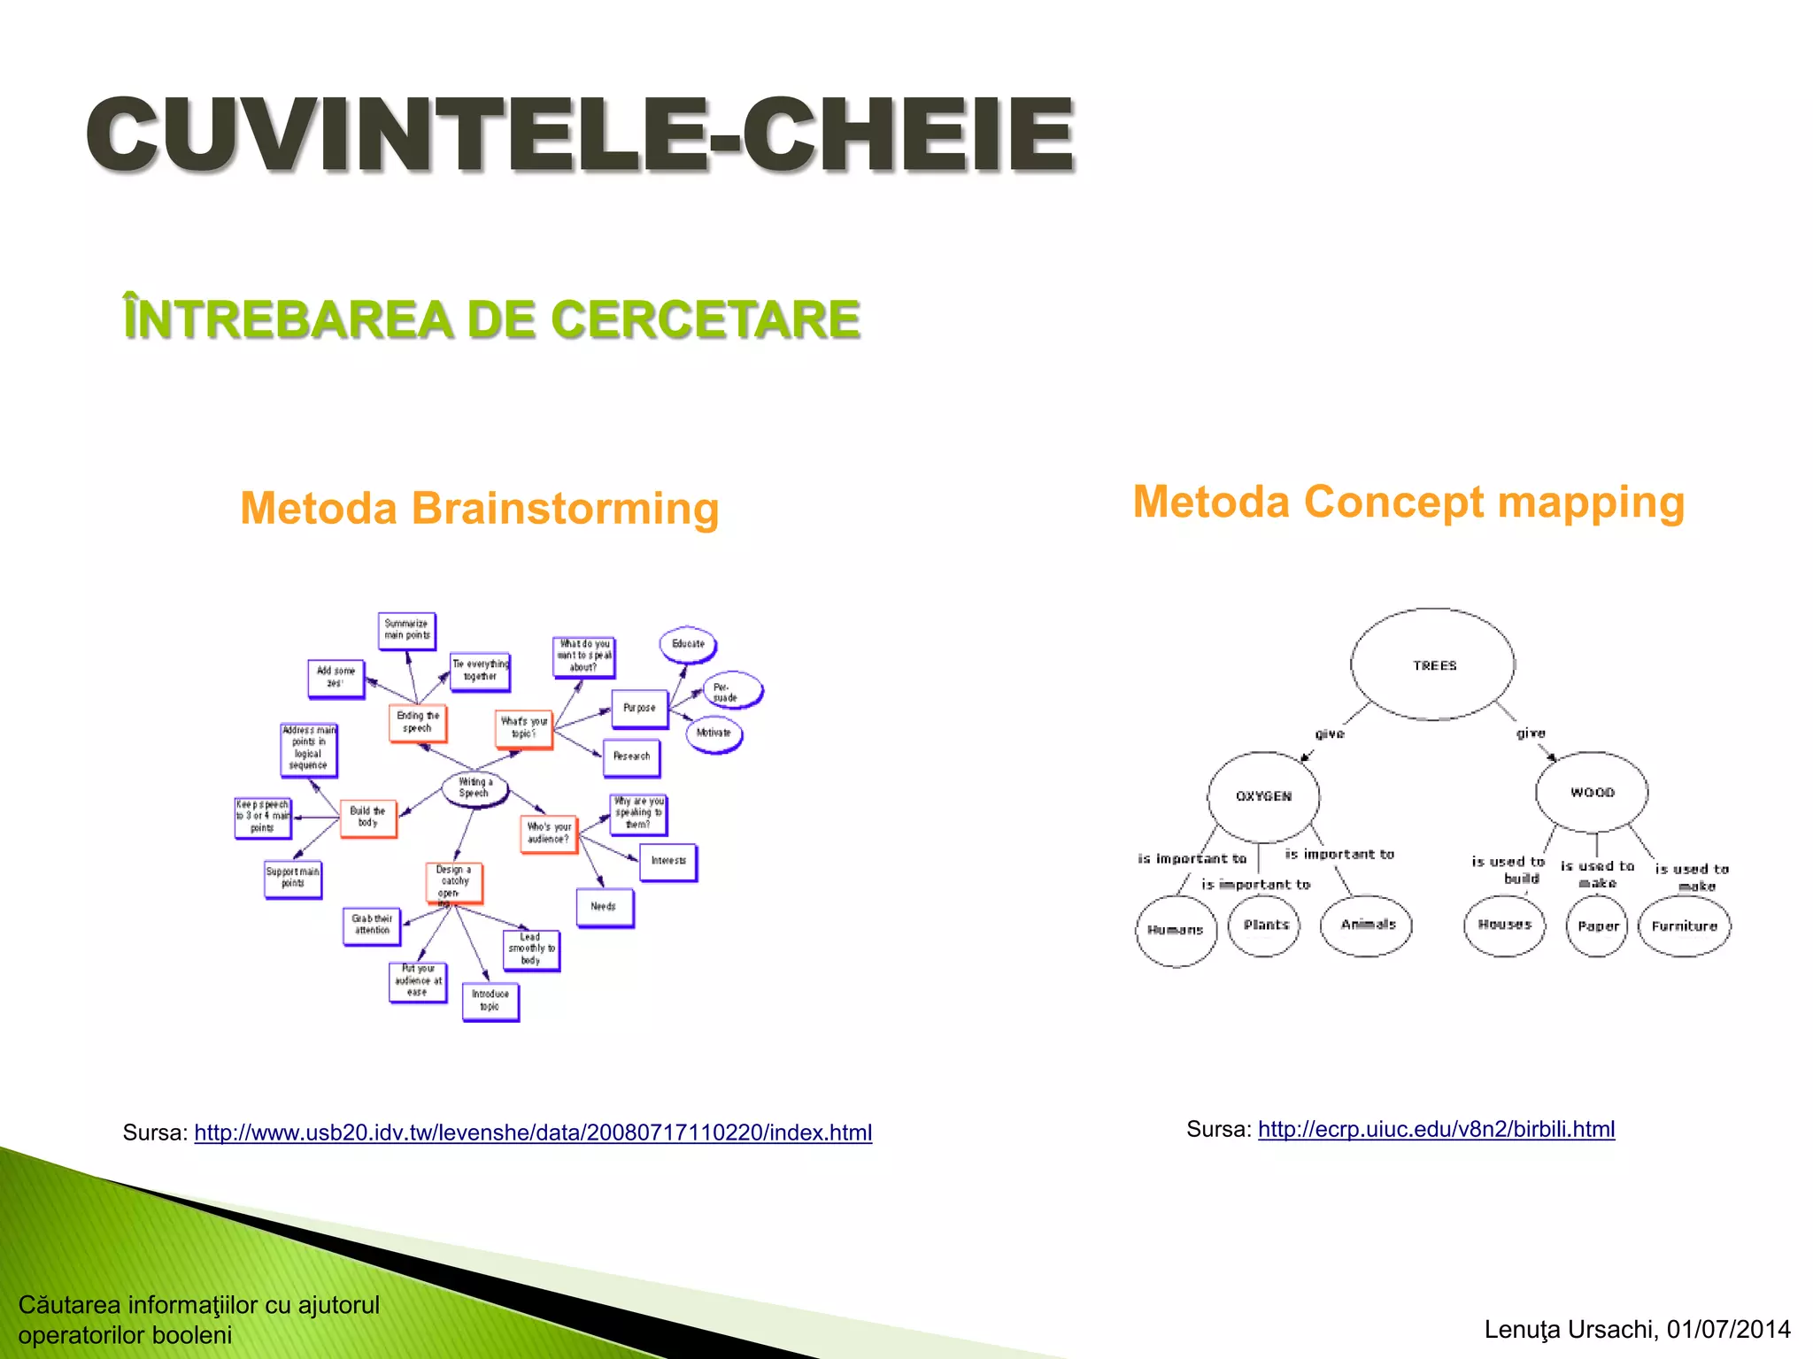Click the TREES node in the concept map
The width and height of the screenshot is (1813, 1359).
[x=1432, y=664]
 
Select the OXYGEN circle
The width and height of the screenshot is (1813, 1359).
[x=1263, y=795]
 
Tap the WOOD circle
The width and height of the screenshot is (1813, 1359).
[x=1592, y=792]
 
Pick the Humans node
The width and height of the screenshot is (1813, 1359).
[x=1176, y=930]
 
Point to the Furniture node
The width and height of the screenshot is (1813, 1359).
[x=1684, y=925]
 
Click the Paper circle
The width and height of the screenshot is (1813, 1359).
[x=1597, y=925]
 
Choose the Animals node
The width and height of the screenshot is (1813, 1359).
[x=1366, y=925]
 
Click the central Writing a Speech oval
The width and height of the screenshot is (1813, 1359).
[x=474, y=787]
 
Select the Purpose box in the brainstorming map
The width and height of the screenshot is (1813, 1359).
[x=639, y=708]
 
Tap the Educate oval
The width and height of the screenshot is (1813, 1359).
[x=688, y=644]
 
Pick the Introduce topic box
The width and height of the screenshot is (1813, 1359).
[x=490, y=1001]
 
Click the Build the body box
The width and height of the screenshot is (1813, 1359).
[x=367, y=816]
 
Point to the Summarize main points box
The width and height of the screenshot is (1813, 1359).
[x=406, y=630]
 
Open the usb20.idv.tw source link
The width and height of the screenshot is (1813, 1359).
[x=533, y=1132]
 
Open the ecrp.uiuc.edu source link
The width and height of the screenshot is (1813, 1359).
[x=1436, y=1129]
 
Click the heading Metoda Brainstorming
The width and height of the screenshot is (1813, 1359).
[x=479, y=509]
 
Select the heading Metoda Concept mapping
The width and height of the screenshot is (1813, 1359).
[x=1408, y=503]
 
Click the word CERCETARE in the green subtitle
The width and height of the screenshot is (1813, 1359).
[x=706, y=319]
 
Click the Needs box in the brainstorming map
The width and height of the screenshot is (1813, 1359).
[x=604, y=907]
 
